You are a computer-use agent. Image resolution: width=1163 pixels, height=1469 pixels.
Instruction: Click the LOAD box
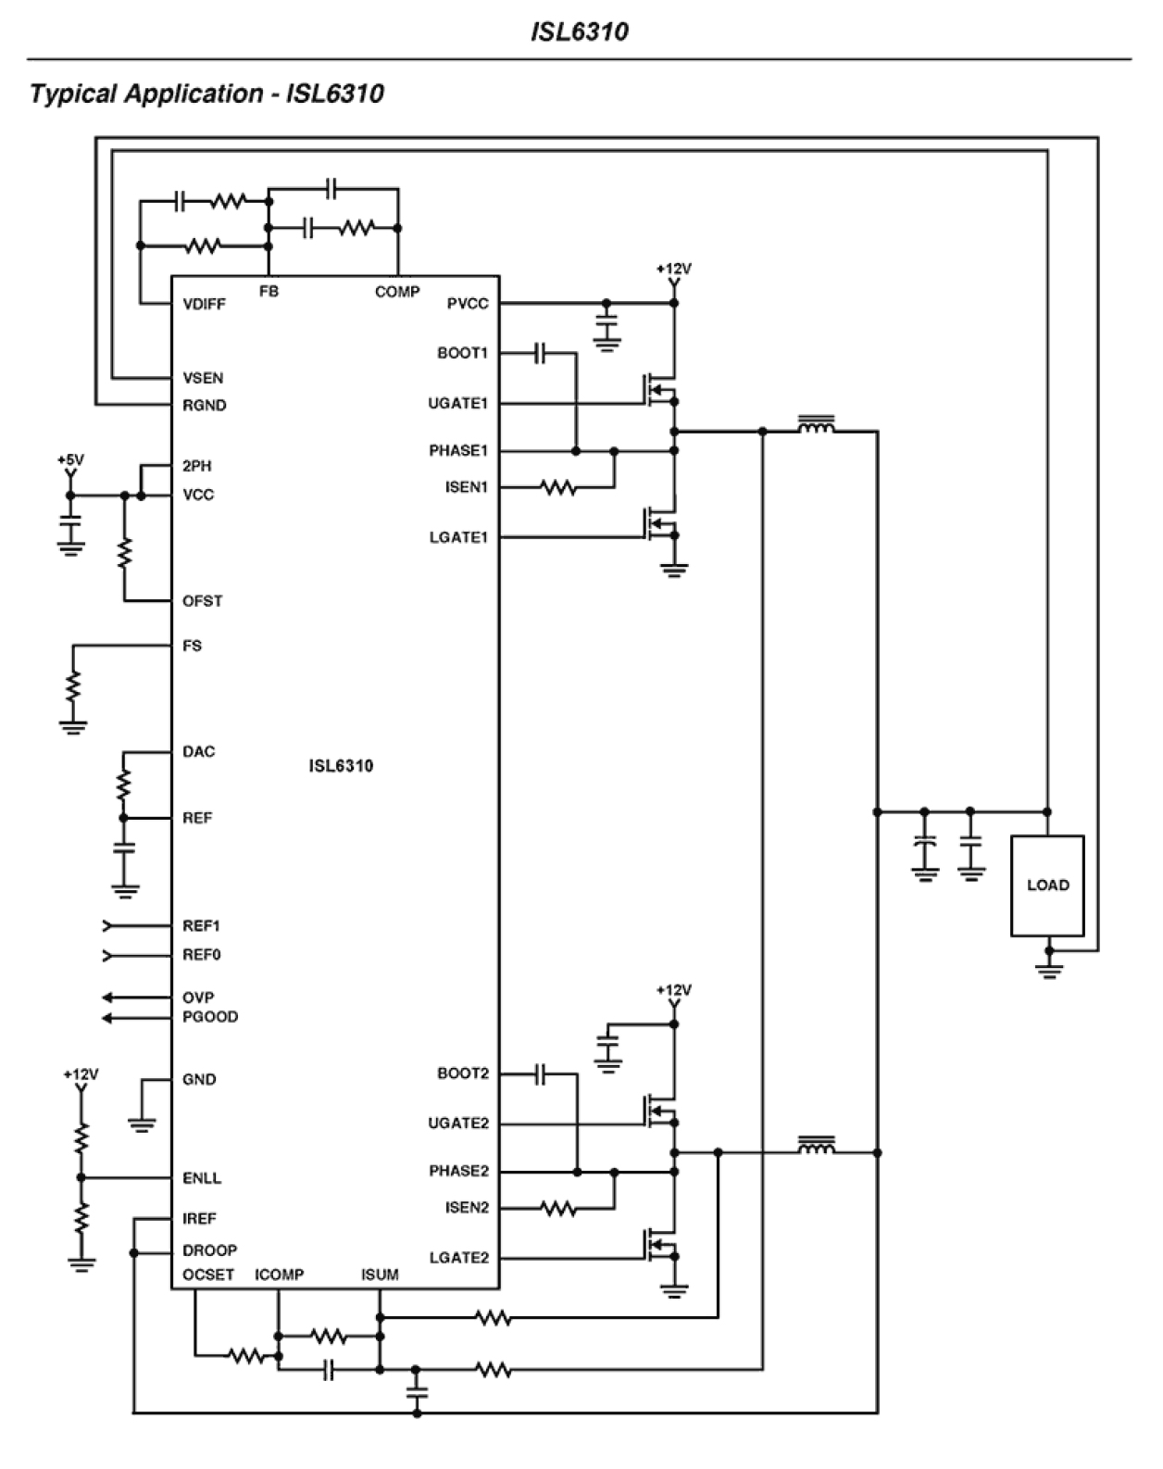click(1046, 885)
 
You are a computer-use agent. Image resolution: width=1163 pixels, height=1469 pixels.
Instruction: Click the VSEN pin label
click(203, 378)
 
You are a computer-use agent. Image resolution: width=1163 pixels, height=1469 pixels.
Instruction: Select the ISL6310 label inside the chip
click(341, 766)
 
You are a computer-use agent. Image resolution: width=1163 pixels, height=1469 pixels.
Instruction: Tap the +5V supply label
click(70, 459)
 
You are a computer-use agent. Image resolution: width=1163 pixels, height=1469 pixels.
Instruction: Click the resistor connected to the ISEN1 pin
click(558, 487)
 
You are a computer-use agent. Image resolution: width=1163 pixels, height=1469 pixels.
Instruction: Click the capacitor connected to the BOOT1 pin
click(542, 353)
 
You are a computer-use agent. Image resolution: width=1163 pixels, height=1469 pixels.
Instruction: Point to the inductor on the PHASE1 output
click(816, 425)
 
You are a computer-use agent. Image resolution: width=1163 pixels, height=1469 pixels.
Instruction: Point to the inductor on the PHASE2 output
click(816, 1147)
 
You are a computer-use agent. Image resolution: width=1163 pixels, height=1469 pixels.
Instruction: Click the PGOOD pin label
click(210, 1017)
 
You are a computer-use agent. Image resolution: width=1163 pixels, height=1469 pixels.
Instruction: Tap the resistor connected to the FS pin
click(73, 687)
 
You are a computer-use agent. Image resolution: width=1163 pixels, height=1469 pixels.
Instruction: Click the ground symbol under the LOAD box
click(1048, 970)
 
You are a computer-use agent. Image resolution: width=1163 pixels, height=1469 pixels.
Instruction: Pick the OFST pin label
click(202, 601)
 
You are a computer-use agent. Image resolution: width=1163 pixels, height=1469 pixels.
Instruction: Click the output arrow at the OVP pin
click(109, 998)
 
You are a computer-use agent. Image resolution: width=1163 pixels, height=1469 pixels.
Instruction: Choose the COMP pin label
click(397, 292)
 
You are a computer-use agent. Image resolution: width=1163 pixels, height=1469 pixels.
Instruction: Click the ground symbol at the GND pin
click(141, 1124)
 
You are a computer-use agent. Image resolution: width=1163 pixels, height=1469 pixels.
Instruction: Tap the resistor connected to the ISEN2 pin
click(558, 1208)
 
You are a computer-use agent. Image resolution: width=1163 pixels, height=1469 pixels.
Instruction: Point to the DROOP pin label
click(209, 1250)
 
